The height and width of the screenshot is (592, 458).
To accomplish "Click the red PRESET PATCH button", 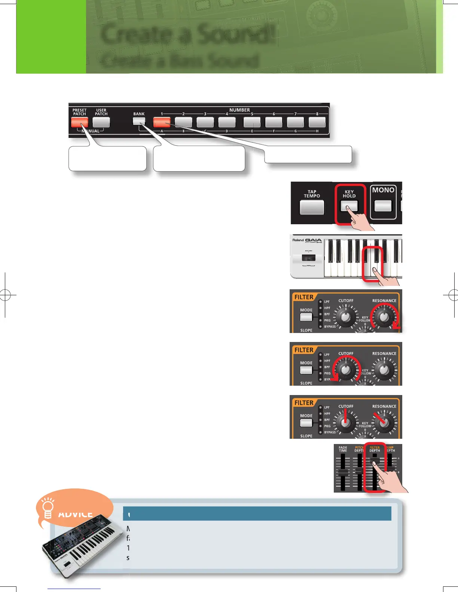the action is click(x=80, y=122).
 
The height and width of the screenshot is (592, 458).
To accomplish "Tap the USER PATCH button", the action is click(x=101, y=122).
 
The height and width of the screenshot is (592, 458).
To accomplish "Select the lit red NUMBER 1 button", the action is click(x=162, y=122).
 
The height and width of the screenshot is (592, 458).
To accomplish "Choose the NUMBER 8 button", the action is click(x=317, y=122).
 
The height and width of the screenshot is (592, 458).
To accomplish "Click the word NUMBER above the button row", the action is click(x=239, y=110).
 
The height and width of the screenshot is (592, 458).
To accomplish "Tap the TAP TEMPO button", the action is click(x=312, y=207).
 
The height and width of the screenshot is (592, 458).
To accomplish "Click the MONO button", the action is click(x=383, y=206).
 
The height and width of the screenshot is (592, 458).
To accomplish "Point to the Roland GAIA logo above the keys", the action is click(x=307, y=240).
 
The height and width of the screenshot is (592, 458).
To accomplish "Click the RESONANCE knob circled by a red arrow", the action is click(x=384, y=317).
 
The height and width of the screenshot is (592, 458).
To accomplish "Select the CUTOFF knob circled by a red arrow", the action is click(x=346, y=370).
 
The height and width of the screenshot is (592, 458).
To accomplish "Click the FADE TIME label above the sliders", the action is click(x=343, y=449).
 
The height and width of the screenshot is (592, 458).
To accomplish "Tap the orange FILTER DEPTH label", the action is click(x=375, y=449).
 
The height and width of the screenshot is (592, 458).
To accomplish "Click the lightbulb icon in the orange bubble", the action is click(x=48, y=509).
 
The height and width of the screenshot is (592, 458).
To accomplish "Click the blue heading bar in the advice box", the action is click(x=257, y=514).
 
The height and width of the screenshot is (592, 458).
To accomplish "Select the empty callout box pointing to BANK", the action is click(x=199, y=158).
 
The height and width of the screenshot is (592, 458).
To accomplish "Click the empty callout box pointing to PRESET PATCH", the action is click(x=107, y=158).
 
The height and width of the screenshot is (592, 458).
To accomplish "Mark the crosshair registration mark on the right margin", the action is click(x=453, y=295).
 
